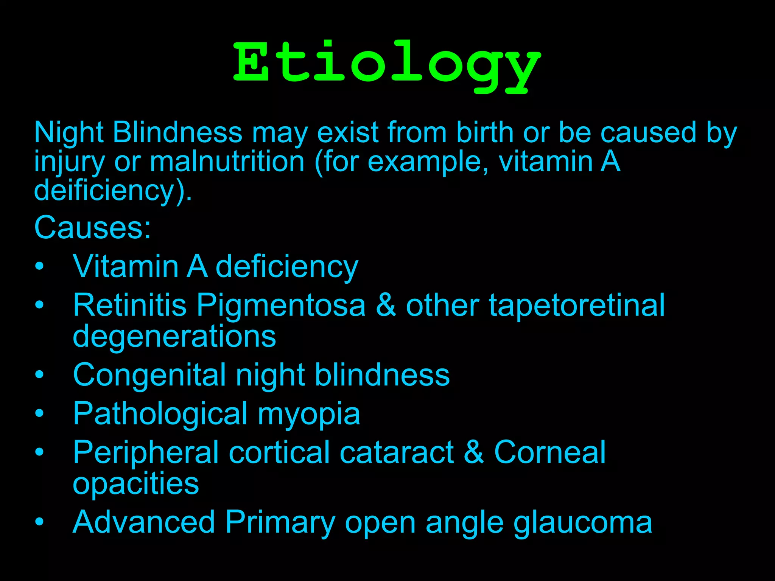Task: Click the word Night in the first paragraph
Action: coord(68,133)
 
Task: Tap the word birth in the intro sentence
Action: coord(485,133)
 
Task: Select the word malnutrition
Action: coord(227,162)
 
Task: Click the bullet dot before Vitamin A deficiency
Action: coord(39,266)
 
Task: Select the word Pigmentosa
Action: coord(281,305)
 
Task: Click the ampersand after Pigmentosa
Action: coord(386,305)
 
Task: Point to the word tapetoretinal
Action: coord(577,305)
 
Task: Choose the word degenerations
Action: coord(174,336)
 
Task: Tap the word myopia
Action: coord(309,414)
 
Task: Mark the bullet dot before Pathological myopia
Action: coord(39,414)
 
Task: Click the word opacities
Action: coord(135,483)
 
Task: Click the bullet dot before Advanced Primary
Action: coord(39,522)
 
